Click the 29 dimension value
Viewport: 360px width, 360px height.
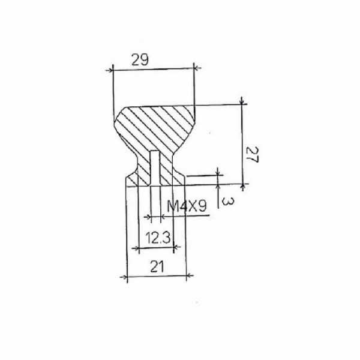tap(140, 60)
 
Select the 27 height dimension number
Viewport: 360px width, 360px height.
tap(252, 154)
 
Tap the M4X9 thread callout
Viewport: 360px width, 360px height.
tap(187, 206)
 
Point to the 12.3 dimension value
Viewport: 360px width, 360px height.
tap(158, 238)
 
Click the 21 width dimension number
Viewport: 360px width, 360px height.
tap(157, 266)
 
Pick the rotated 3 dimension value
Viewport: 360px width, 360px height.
tap(228, 202)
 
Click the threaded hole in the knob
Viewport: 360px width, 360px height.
tap(155, 167)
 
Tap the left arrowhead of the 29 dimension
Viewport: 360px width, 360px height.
tap(110, 70)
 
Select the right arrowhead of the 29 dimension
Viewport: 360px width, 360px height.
tap(197, 68)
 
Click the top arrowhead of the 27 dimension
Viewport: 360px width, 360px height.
tap(242, 101)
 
